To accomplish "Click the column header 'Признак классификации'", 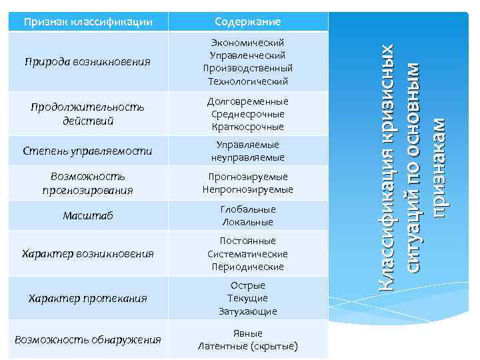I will pyautogui.click(x=88, y=23).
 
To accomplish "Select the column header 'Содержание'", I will pyautogui.click(x=247, y=23).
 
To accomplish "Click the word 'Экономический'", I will pyautogui.click(x=247, y=43).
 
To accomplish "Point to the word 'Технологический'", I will pyautogui.click(x=247, y=81).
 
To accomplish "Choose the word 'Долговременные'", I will pyautogui.click(x=247, y=101).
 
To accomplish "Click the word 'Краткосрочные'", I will pyautogui.click(x=247, y=127).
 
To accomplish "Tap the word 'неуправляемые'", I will pyautogui.click(x=247, y=158).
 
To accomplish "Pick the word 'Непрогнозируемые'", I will pyautogui.click(x=247, y=190).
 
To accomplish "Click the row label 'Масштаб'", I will pyautogui.click(x=88, y=215).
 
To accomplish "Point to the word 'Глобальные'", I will pyautogui.click(x=247, y=209).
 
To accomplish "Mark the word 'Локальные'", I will pyautogui.click(x=247, y=222).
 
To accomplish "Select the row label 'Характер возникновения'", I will pyautogui.click(x=88, y=254).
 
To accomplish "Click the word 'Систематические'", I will pyautogui.click(x=247, y=254).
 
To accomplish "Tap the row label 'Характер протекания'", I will pyautogui.click(x=88, y=298).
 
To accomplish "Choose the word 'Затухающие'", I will pyautogui.click(x=247, y=311).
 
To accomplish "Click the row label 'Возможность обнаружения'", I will pyautogui.click(x=88, y=340).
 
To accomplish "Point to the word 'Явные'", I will pyautogui.click(x=247, y=333).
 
